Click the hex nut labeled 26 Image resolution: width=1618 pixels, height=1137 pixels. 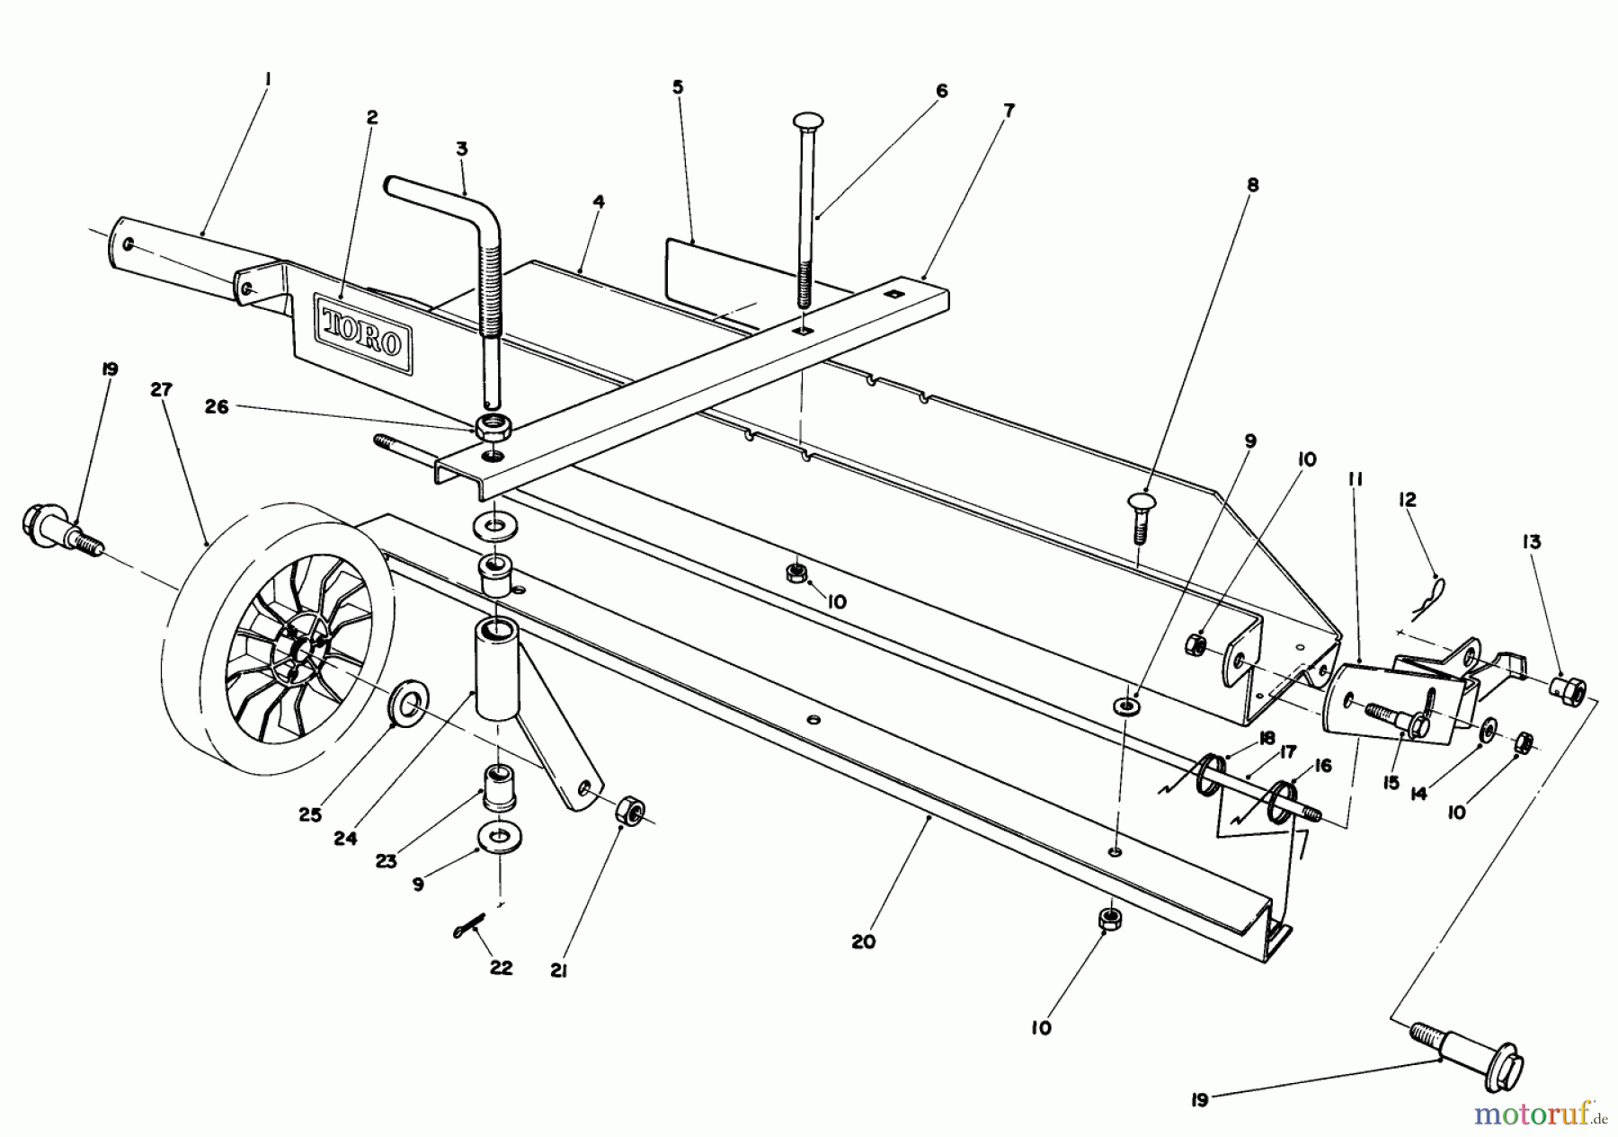490,426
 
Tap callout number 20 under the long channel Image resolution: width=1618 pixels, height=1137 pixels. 863,942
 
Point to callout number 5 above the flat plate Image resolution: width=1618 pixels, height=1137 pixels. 678,87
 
